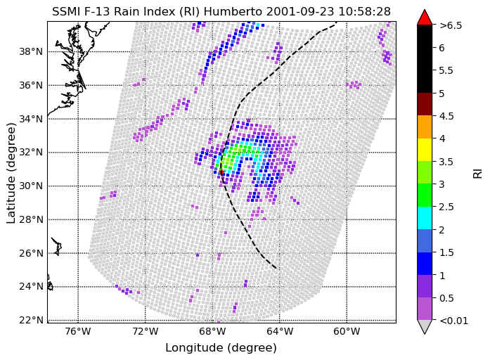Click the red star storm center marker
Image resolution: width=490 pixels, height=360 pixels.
click(221, 172)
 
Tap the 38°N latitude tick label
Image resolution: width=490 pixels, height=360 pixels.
click(31, 51)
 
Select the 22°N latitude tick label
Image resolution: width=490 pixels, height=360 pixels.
click(31, 321)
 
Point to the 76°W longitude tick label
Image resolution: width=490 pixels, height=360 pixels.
click(79, 331)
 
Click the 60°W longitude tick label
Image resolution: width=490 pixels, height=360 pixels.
click(347, 331)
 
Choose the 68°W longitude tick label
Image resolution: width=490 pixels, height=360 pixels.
click(212, 331)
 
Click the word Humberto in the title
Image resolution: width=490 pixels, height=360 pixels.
click(233, 12)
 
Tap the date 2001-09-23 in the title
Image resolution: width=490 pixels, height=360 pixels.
click(299, 12)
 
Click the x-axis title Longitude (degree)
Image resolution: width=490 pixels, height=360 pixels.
click(221, 348)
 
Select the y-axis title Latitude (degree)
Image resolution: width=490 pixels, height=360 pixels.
click(11, 173)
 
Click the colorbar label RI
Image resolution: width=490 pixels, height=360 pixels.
click(478, 173)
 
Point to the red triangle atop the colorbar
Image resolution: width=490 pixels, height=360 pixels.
click(425, 18)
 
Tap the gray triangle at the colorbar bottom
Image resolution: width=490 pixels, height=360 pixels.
click(425, 326)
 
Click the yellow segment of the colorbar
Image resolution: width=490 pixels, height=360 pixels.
click(425, 150)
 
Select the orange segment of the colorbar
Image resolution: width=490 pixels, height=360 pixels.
click(425, 127)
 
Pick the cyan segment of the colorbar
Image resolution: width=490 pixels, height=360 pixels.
click(425, 218)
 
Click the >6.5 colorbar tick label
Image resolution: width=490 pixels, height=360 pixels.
click(451, 25)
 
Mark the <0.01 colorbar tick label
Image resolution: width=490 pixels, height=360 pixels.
click(453, 321)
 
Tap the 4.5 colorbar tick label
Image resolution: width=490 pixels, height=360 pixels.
click(446, 116)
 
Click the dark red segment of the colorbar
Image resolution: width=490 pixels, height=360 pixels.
click(425, 104)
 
